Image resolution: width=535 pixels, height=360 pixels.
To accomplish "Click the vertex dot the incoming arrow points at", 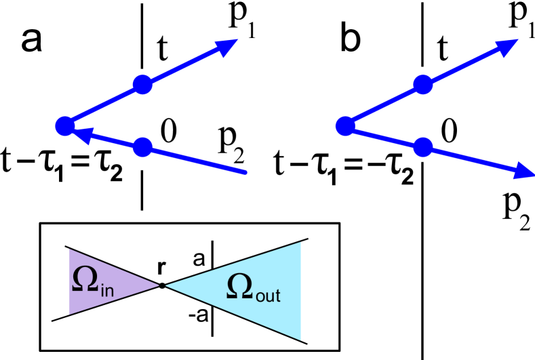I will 64,126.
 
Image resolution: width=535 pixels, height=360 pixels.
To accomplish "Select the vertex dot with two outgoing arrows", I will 344,125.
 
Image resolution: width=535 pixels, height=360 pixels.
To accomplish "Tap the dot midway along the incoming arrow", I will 142,146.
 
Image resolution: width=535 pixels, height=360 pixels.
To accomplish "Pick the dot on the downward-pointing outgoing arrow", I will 422,146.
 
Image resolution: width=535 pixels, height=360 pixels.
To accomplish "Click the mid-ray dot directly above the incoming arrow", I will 142,85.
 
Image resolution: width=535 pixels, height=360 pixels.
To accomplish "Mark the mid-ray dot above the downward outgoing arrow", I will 422,85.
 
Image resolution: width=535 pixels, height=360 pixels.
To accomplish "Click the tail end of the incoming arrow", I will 247,173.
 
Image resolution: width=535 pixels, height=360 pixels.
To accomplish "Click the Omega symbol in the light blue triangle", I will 239,287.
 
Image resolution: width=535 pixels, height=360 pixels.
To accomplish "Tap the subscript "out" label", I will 268,296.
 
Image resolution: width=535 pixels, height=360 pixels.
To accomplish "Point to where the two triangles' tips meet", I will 162,285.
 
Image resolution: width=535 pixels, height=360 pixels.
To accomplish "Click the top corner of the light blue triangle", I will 300,243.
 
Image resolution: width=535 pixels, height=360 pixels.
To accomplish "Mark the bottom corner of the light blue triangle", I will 300,340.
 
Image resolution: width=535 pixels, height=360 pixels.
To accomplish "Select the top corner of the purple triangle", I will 70,249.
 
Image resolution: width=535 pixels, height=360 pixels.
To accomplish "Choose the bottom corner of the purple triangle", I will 70,314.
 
